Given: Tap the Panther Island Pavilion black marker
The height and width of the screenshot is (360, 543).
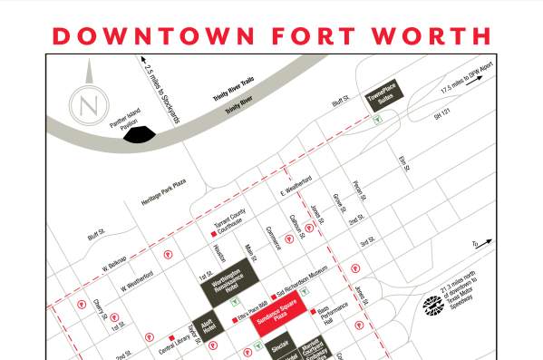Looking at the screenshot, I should click(x=139, y=135).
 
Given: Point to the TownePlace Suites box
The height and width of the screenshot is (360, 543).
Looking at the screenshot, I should click(x=383, y=97).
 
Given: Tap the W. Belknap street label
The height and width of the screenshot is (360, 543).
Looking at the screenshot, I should click(x=115, y=259).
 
